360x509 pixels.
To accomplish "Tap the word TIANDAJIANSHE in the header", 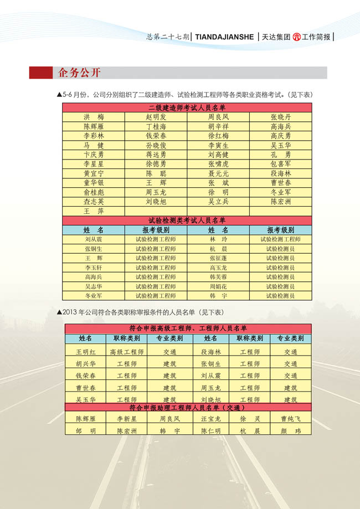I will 224,37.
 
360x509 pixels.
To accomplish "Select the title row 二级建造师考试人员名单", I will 187,108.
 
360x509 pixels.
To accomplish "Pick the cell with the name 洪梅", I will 94,117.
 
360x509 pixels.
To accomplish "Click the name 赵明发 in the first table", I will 156,117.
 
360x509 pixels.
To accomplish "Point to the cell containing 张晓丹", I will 280,117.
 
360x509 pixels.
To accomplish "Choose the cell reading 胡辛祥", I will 218,127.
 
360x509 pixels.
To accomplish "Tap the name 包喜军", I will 280,164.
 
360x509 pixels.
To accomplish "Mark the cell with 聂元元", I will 218,174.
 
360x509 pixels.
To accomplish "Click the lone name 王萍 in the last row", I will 94,212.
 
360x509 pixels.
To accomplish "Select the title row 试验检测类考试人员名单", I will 187,220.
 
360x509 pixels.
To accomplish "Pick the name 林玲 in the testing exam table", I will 218,240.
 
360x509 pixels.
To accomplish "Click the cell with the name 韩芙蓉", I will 218,277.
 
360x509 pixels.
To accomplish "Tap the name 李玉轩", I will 94,268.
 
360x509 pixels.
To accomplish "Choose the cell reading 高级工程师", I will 127,352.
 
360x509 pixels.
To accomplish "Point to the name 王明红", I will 86,352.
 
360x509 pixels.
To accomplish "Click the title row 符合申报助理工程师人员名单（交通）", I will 187,408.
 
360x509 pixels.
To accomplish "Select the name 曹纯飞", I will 291,419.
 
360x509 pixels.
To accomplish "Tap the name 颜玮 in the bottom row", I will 291,431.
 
